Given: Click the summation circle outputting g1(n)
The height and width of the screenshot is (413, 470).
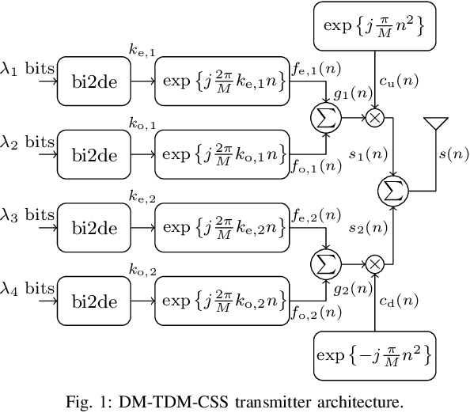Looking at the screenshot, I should pos(326,117).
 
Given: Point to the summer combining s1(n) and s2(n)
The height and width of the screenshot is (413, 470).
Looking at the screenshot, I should pos(393,190).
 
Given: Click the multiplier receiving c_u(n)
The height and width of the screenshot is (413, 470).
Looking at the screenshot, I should pos(373,117).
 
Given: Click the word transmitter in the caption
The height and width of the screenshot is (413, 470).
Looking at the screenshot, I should pos(286,400).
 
